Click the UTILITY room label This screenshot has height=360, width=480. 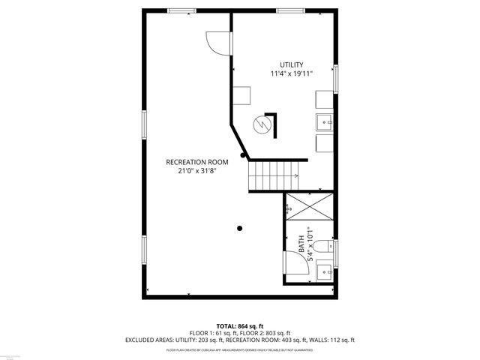(x=291, y=64)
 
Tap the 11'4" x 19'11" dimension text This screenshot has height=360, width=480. (x=291, y=73)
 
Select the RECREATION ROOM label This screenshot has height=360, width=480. (x=196, y=162)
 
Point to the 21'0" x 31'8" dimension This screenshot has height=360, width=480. (x=196, y=171)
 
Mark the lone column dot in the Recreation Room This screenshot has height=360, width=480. (x=240, y=228)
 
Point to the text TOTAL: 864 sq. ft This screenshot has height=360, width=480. (x=239, y=325)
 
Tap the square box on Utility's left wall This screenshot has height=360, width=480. (x=241, y=97)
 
